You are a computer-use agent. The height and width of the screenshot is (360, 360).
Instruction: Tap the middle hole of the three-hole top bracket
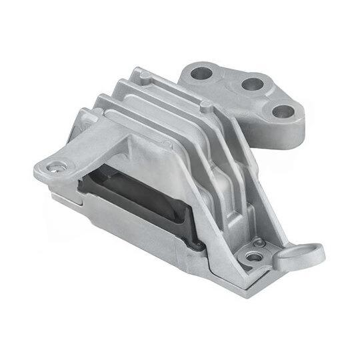pos(251,84)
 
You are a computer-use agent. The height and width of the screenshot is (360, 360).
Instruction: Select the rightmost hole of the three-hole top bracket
pos(285,111)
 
